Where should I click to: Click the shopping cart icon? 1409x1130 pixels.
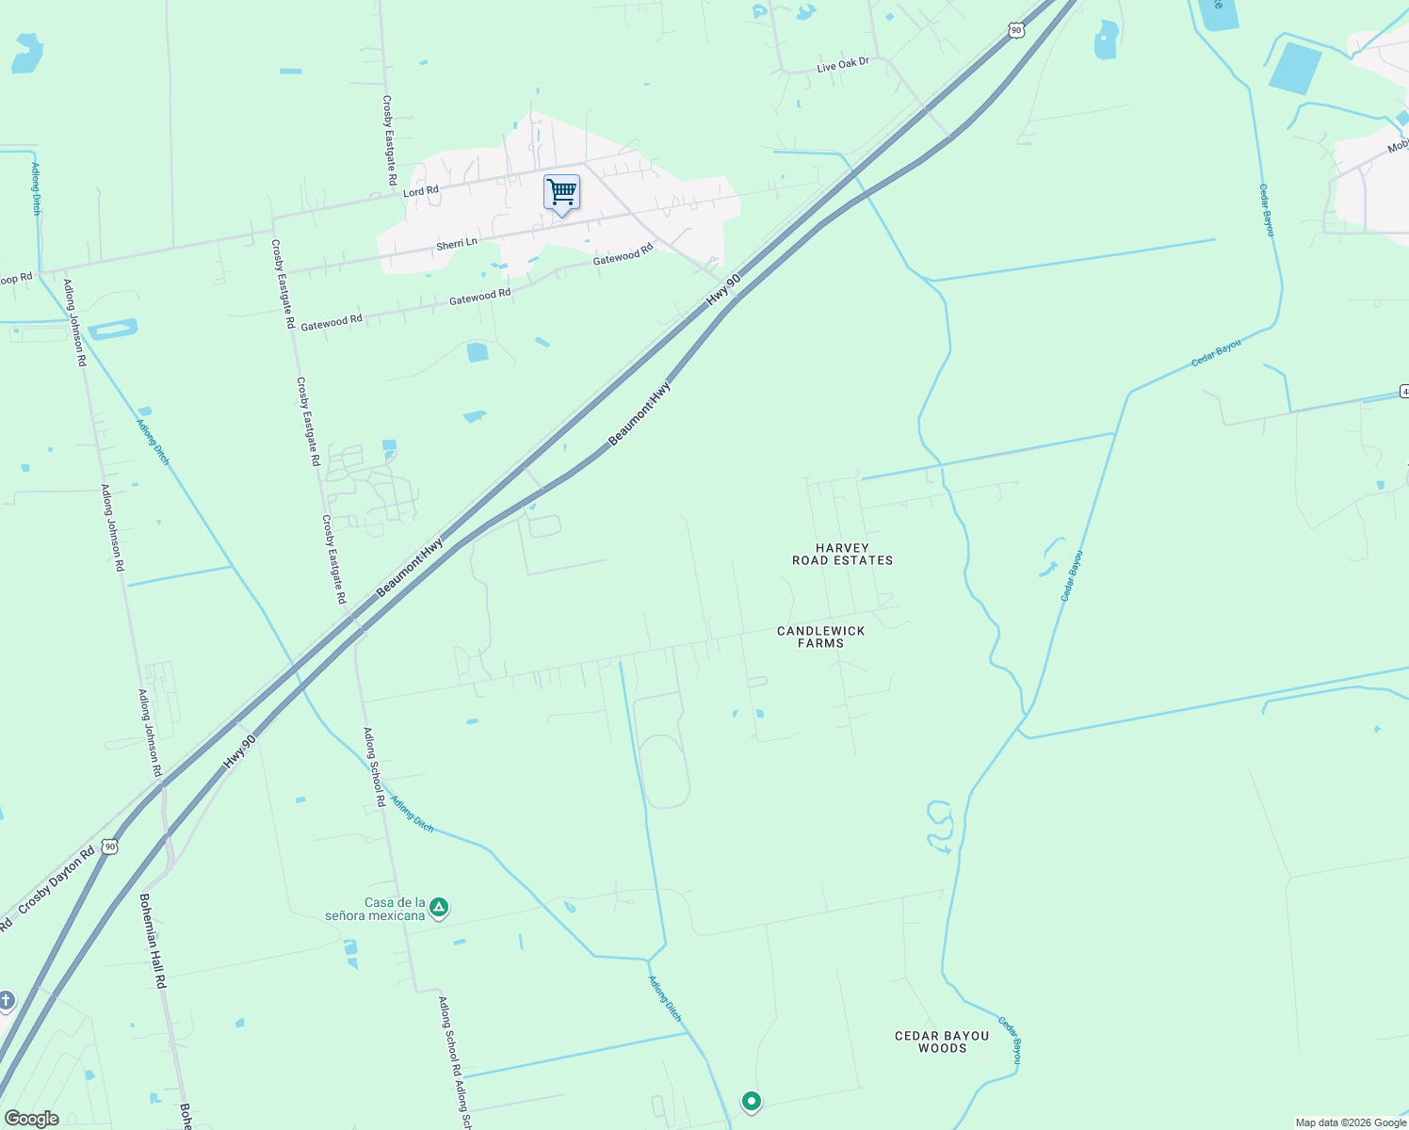(x=561, y=193)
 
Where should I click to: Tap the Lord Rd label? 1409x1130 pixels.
(x=420, y=191)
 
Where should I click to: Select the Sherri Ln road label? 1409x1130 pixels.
(x=456, y=244)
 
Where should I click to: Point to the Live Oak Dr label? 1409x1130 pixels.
(x=842, y=65)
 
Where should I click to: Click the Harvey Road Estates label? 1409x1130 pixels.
(x=842, y=554)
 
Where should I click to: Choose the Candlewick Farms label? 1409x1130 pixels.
(x=820, y=637)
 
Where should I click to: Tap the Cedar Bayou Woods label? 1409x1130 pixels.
(x=942, y=1041)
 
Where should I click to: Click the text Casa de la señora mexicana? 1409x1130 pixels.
(x=375, y=909)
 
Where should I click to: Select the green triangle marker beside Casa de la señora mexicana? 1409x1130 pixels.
(x=438, y=908)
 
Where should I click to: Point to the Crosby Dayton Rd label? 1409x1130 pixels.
(x=57, y=879)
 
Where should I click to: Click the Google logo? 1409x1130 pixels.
(x=32, y=1119)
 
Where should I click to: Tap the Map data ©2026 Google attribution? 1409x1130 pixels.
(x=1350, y=1122)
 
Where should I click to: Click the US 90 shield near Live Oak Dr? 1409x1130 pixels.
(x=1015, y=30)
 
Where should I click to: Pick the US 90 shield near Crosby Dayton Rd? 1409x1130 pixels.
(x=110, y=847)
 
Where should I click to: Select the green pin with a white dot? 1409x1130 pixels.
(x=751, y=1101)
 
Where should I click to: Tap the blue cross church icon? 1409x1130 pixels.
(x=6, y=1000)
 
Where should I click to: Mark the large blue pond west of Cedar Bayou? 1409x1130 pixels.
(x=1295, y=68)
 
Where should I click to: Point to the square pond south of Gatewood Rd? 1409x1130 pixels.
(x=478, y=353)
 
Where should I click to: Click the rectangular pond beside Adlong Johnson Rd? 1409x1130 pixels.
(x=113, y=329)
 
